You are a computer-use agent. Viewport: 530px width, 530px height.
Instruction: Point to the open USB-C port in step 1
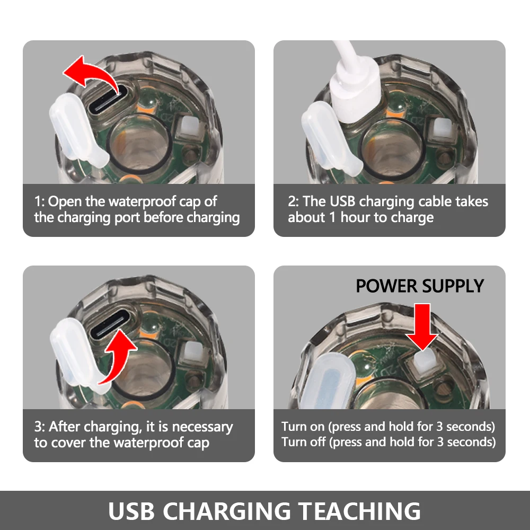coord(108,100)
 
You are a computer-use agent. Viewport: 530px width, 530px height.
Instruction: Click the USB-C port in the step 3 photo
coord(110,324)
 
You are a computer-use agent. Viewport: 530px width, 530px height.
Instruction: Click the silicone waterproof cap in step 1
coord(78,132)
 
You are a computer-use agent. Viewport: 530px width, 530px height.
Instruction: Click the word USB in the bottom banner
coord(131,510)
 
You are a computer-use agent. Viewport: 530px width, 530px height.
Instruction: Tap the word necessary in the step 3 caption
coord(202,427)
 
